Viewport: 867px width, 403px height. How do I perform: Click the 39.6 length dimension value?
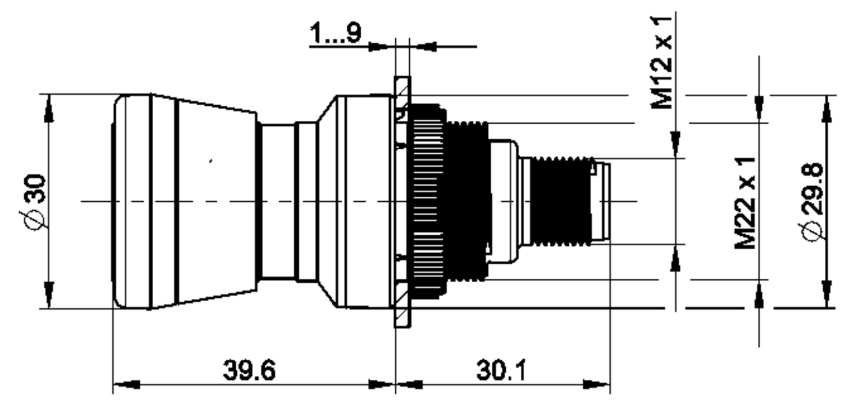249,370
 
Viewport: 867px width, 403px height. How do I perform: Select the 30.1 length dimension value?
502,370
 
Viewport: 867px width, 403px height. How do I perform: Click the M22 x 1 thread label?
745,203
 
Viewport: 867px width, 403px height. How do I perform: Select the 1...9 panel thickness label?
336,33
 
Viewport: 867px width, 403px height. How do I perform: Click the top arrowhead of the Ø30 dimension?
49,108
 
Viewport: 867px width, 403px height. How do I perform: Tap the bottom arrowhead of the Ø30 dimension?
49,295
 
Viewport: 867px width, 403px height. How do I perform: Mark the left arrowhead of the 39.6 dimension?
127,385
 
